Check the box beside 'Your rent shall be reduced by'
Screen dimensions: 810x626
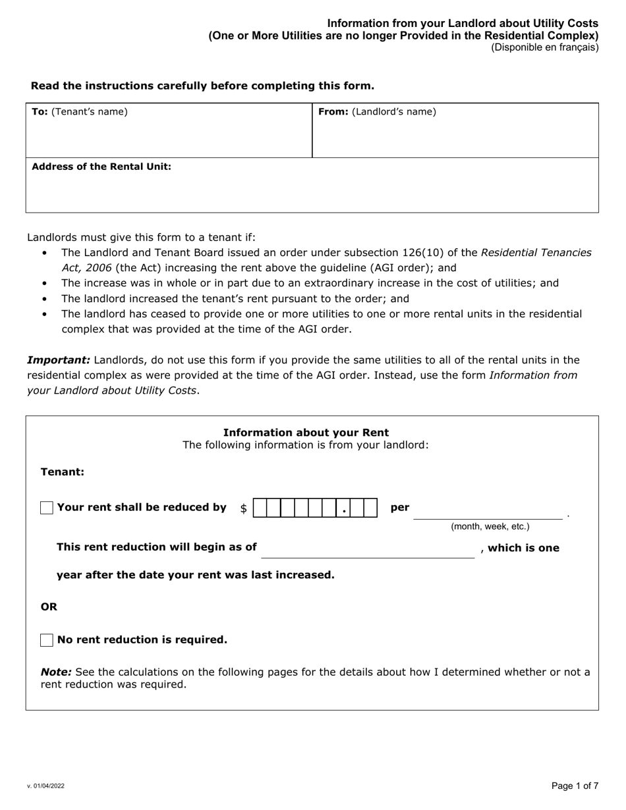point(47,508)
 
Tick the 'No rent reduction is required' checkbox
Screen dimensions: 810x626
point(47,640)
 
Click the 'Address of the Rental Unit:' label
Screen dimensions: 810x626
point(101,167)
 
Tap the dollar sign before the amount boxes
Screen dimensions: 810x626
point(244,508)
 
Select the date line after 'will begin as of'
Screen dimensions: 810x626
point(368,552)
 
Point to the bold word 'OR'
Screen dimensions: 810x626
point(49,607)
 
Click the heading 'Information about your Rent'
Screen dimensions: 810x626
point(306,433)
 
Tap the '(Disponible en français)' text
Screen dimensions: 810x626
point(544,47)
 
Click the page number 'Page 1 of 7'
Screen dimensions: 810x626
point(575,786)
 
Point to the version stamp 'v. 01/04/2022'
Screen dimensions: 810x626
point(46,786)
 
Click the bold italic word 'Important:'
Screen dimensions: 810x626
point(59,360)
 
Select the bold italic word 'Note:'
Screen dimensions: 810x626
point(56,672)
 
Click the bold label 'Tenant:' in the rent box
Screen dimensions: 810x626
point(63,472)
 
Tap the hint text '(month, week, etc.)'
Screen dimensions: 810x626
point(490,527)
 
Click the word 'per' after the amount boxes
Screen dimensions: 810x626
point(400,508)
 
